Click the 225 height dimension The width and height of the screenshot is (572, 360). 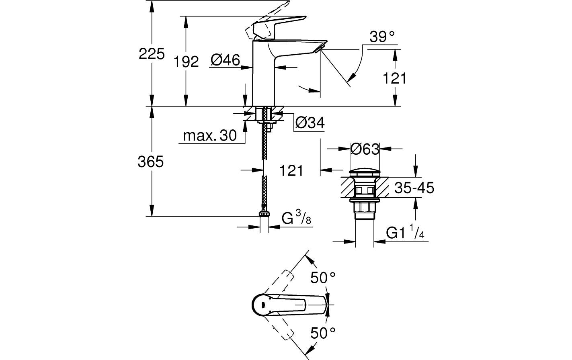152,53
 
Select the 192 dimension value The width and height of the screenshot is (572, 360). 186,61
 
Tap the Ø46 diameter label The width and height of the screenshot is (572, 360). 225,60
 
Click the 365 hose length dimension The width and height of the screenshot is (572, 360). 151,162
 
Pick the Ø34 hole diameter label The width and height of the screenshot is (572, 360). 309,123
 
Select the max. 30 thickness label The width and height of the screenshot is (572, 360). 210,136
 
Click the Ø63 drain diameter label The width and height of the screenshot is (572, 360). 365,149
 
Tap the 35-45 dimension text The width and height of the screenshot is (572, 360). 414,188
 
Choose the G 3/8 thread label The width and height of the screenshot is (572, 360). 296,219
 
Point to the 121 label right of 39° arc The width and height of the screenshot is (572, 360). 394,78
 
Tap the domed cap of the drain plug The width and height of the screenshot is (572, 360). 364,173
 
